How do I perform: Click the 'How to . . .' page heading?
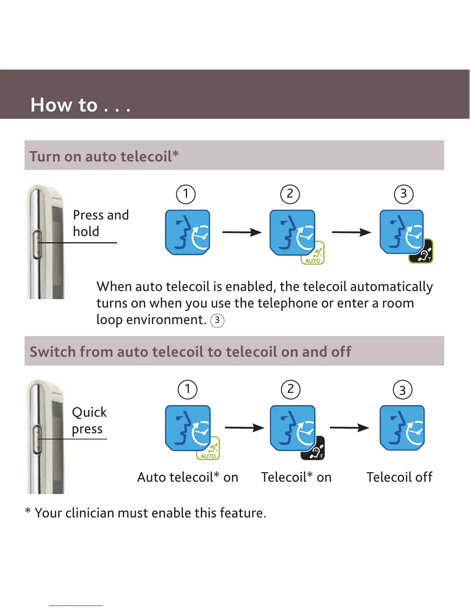click(x=81, y=105)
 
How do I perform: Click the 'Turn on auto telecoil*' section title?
click(x=104, y=156)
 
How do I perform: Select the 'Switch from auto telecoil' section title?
click(x=190, y=351)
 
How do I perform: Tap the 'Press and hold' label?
click(x=101, y=223)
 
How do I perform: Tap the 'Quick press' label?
click(x=89, y=420)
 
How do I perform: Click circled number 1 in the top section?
click(x=186, y=194)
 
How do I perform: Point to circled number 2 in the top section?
click(x=290, y=194)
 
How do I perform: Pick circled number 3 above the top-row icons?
click(x=404, y=194)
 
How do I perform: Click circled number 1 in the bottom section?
click(x=187, y=389)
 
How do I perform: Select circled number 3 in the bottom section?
click(x=403, y=390)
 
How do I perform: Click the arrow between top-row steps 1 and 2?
click(x=242, y=232)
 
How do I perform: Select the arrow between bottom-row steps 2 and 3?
click(x=349, y=428)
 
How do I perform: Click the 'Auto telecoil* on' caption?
click(x=188, y=477)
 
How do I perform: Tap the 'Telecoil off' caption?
click(x=399, y=477)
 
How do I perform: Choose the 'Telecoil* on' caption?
click(x=296, y=477)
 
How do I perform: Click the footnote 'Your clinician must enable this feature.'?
click(x=150, y=513)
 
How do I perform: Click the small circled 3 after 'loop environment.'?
click(x=217, y=320)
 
